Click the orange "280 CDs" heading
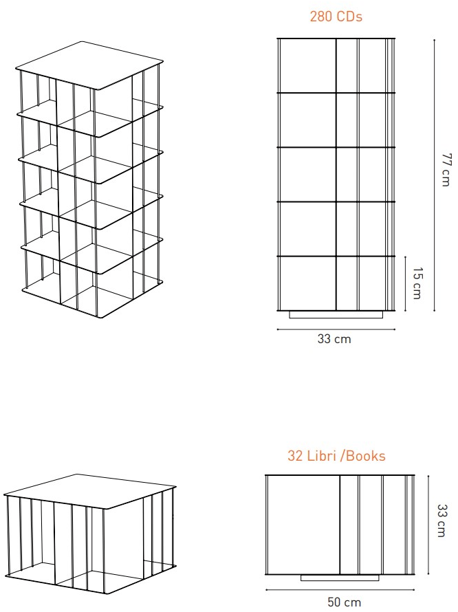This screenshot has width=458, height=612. [336, 17]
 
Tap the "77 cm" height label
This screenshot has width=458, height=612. [446, 170]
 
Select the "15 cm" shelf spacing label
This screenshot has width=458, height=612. [417, 283]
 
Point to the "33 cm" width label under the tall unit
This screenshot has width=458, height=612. [334, 339]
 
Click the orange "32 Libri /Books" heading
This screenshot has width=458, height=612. [336, 456]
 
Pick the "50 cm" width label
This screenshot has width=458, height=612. [344, 602]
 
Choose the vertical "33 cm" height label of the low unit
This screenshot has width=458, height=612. [441, 521]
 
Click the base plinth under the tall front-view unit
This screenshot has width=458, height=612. [336, 314]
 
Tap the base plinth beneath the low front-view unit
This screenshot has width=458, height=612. [340, 578]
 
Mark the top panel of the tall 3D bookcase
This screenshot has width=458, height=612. [89, 65]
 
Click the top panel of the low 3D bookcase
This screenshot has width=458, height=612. [90, 491]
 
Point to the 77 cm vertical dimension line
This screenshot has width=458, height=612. [434, 175]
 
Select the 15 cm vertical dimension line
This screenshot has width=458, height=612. [406, 284]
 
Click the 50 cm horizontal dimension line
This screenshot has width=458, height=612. [340, 590]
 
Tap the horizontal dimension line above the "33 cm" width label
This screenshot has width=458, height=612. [336, 329]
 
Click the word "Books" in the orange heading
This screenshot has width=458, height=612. [366, 456]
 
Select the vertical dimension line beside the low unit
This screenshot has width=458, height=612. [428, 525]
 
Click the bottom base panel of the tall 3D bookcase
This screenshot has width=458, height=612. [92, 296]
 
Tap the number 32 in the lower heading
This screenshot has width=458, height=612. [295, 456]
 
